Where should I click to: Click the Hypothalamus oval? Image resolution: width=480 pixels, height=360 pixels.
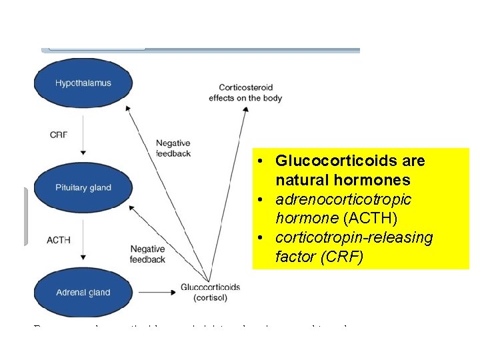click(x=83, y=83)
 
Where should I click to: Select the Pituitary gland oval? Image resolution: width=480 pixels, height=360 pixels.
click(x=83, y=188)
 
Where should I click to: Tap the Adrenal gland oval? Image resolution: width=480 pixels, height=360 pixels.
click(x=83, y=292)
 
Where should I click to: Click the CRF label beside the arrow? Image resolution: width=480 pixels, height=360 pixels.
click(x=59, y=135)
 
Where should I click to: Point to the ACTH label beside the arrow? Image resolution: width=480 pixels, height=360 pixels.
click(x=59, y=239)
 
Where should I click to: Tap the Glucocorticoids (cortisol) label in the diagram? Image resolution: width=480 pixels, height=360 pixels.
click(x=210, y=292)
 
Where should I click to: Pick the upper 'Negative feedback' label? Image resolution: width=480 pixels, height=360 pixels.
click(x=173, y=148)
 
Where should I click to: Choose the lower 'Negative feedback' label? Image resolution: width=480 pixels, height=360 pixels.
click(x=148, y=254)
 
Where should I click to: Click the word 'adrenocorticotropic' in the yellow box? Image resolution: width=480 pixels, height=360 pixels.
click(x=343, y=200)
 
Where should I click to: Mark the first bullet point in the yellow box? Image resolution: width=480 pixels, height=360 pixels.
click(x=265, y=162)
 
